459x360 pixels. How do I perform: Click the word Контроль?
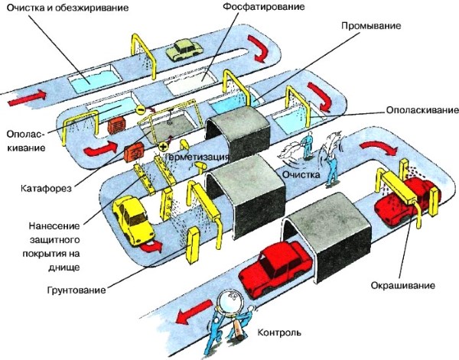280,333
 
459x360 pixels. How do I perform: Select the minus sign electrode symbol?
141,110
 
